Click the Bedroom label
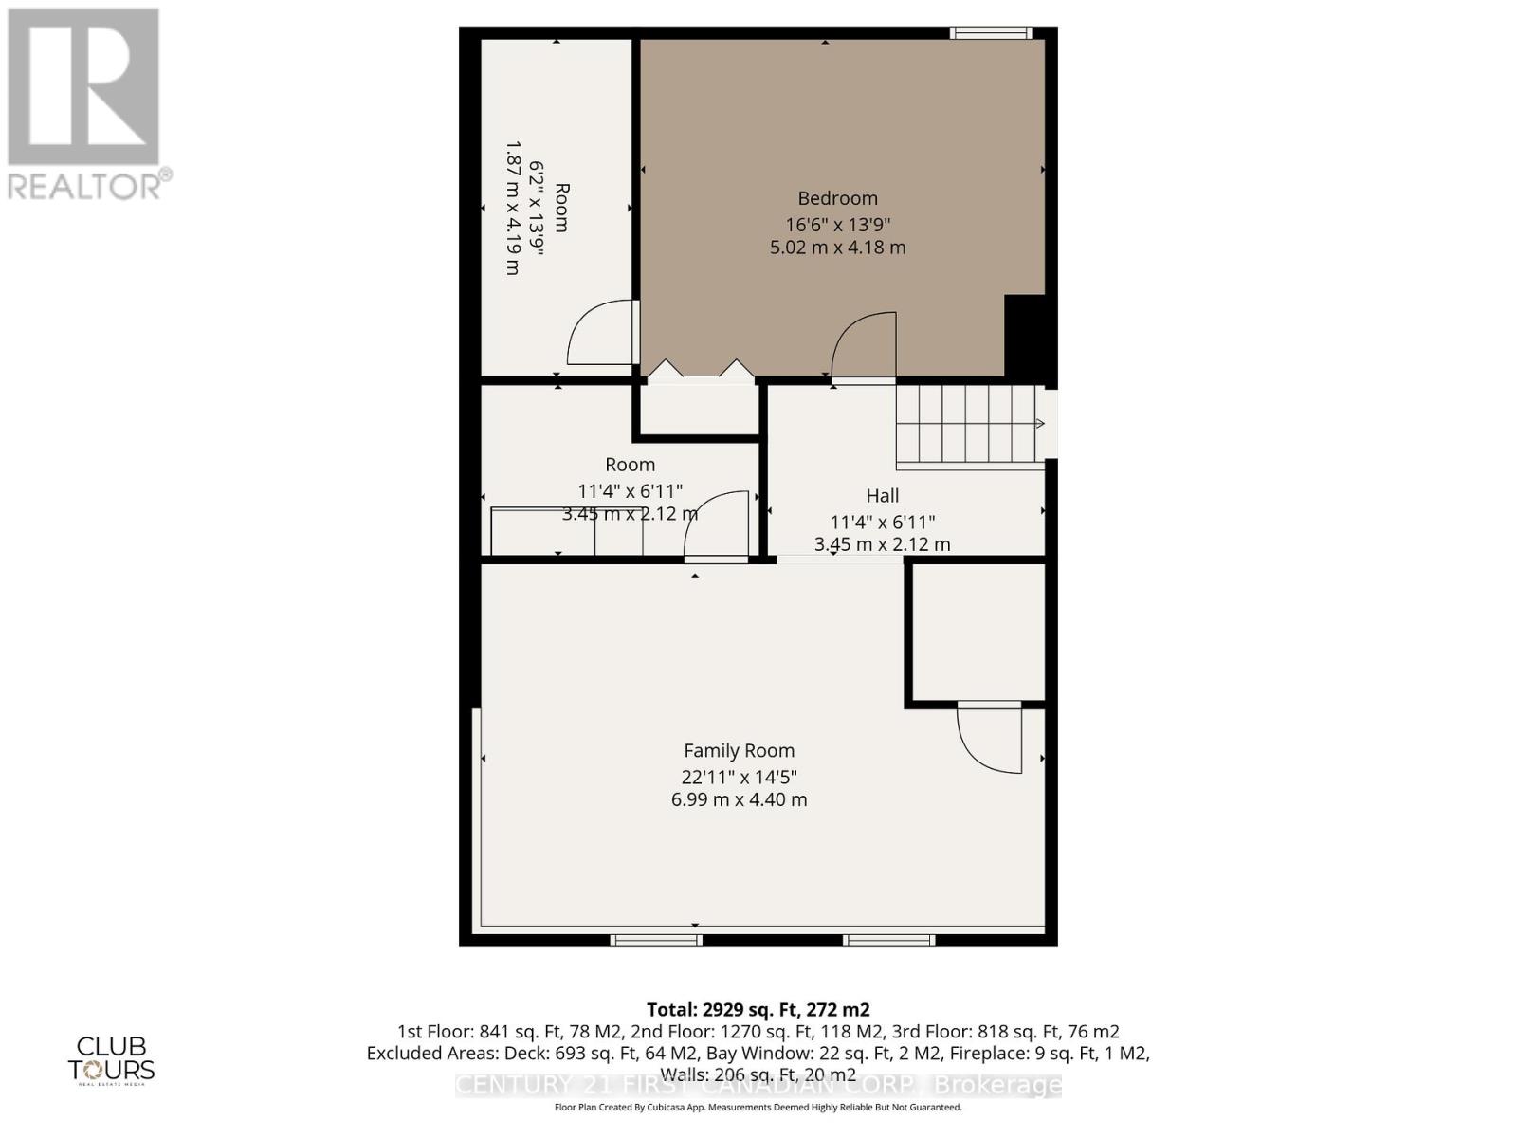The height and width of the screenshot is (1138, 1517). (837, 198)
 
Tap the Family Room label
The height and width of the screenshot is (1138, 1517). (740, 751)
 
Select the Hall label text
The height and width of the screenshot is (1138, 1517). (882, 495)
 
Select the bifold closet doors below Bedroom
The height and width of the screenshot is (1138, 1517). (700, 371)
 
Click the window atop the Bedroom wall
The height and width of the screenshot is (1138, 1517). (991, 33)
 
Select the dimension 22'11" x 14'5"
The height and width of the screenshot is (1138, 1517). (740, 777)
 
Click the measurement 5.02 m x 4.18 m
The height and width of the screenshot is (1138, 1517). (837, 248)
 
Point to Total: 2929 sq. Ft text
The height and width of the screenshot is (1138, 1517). (758, 1009)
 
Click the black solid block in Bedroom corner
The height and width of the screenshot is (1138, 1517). (1025, 338)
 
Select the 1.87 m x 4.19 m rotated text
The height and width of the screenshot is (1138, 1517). (513, 208)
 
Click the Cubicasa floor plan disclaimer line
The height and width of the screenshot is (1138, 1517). (758, 1108)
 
